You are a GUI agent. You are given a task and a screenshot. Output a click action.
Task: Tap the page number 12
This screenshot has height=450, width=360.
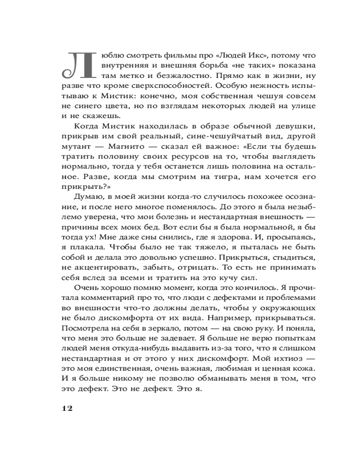point(66,408)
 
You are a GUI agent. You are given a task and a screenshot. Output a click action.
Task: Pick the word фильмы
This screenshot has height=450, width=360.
point(166,54)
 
